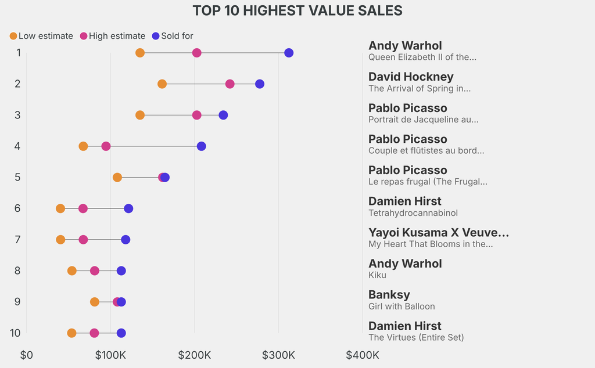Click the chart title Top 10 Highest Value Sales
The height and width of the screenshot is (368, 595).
click(297, 10)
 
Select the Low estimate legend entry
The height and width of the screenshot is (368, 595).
click(41, 36)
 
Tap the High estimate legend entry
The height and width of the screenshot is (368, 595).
click(113, 36)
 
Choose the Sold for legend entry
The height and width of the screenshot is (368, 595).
click(173, 36)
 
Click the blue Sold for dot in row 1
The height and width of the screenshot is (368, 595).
click(289, 53)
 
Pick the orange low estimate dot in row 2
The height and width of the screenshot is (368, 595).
click(162, 84)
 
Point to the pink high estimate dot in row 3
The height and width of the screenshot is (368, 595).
click(197, 115)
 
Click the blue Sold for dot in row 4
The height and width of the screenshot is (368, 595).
click(201, 146)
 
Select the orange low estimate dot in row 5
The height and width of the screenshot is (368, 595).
click(117, 177)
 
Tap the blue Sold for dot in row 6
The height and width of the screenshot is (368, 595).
click(128, 208)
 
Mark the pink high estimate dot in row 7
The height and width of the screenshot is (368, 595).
click(83, 240)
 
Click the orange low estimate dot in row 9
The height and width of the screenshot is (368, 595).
click(95, 302)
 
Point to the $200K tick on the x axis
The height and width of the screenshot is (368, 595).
click(195, 355)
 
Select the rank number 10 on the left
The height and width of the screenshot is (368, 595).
click(16, 333)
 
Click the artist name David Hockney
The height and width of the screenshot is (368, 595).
click(411, 77)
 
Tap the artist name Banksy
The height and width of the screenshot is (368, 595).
click(389, 294)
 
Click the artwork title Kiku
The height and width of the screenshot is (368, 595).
click(377, 275)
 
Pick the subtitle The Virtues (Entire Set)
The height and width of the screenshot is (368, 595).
click(416, 337)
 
